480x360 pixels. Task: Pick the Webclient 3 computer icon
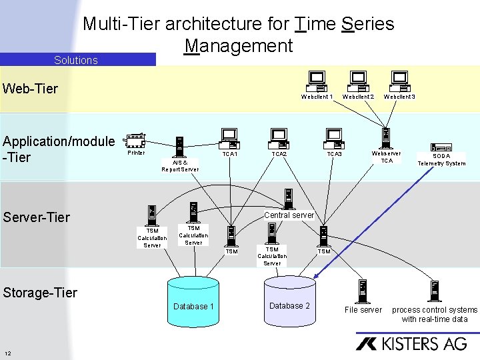point(399,81)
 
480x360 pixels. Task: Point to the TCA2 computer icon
point(279,139)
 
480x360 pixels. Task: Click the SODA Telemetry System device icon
point(441,148)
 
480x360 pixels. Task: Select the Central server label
point(289,215)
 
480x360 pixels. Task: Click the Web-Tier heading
point(31,89)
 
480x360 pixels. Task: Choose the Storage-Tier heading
point(40,292)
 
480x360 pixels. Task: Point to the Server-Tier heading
point(37,217)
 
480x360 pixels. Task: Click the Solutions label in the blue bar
point(76,60)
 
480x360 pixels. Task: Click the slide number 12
point(7,353)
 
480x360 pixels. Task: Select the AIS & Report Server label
point(180,165)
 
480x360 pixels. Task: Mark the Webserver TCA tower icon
point(386,137)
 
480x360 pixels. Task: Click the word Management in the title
point(239,45)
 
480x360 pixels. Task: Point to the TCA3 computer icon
point(333,139)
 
